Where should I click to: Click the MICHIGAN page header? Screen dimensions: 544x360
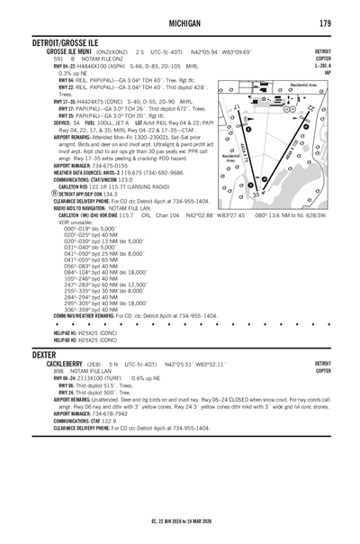pos(179,23)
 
